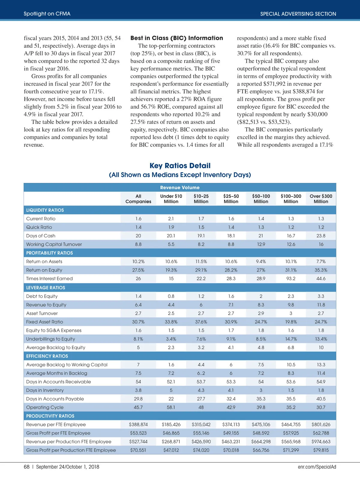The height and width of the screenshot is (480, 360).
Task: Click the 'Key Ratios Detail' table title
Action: click(180, 166)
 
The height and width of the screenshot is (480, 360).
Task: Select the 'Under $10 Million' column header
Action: click(171, 199)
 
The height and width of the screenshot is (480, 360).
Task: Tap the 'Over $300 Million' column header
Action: click(321, 199)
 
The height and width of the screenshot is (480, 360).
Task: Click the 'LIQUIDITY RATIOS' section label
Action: click(45, 210)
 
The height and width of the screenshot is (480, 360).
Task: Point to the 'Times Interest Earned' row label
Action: click(49, 278)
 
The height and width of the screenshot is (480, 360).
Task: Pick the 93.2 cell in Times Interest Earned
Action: click(291, 278)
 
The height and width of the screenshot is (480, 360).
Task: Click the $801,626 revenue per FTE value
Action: click(321, 424)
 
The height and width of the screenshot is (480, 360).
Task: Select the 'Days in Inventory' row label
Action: click(45, 390)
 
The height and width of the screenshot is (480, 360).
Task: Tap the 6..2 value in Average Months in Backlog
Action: click(201, 373)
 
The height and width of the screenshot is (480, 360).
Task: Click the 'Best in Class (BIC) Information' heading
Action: click(177, 38)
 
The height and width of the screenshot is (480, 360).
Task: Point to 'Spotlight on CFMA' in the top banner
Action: click(47, 13)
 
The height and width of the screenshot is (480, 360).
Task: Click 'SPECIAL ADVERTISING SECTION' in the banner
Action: click(298, 14)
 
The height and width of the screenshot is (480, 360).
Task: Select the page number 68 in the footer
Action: click(27, 467)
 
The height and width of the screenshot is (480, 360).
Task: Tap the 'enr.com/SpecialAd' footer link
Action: click(317, 467)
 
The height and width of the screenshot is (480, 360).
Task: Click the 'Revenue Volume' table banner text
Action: click(180, 187)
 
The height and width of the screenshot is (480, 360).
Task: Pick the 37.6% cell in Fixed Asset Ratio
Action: click(201, 322)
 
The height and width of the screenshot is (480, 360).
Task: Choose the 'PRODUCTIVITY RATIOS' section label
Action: click(50, 416)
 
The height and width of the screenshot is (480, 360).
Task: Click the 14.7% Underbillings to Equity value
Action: click(291, 339)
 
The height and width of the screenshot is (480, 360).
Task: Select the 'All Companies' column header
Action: click(138, 199)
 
